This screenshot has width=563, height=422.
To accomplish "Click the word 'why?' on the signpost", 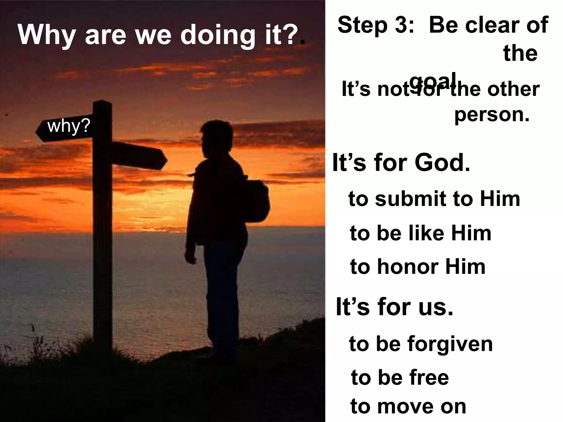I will coord(68,126).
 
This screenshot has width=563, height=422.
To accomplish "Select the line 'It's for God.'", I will coord(401,163).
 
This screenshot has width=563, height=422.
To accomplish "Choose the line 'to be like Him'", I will coord(420,233).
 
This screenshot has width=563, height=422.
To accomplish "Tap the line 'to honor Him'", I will coord(418,267).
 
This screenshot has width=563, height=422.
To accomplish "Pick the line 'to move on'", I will coord(408,407).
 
